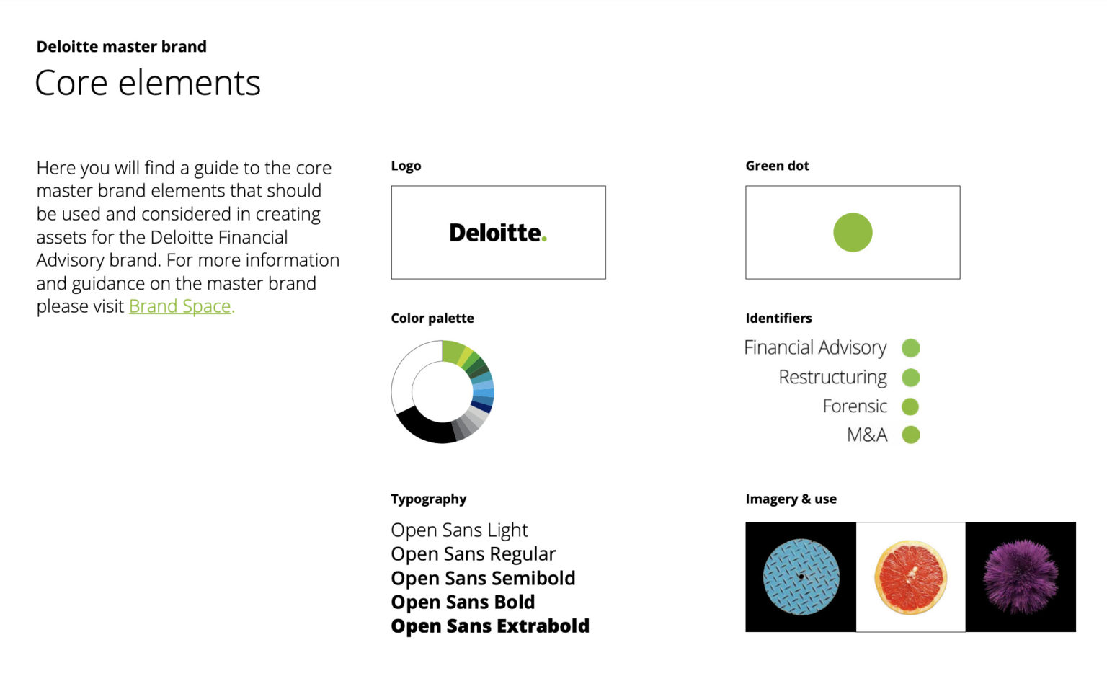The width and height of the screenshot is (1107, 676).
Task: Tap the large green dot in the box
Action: (x=853, y=232)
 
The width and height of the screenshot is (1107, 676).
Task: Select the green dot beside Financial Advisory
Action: (x=911, y=348)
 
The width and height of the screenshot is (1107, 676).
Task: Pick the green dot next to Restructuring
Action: (x=911, y=377)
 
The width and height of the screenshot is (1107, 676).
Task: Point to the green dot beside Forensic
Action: (x=911, y=406)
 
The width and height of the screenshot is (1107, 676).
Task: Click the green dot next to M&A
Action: (x=911, y=435)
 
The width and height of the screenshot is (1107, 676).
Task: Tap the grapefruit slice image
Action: (x=910, y=577)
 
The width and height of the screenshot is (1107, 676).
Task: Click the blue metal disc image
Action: (x=801, y=577)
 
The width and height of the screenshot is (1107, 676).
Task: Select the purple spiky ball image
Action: (x=1021, y=577)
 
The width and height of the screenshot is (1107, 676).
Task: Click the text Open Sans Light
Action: (x=459, y=530)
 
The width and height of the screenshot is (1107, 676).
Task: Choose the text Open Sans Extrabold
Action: (x=490, y=626)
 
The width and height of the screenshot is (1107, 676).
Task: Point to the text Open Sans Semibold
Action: (x=483, y=579)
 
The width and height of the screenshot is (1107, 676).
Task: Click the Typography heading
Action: (x=429, y=499)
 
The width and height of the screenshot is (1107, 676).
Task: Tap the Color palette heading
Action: (x=432, y=319)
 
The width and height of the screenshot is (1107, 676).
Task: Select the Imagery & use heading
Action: (x=791, y=499)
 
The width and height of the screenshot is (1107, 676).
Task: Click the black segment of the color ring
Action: (x=421, y=428)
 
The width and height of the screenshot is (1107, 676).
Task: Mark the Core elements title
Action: (x=148, y=83)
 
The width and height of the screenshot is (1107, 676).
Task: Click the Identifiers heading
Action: (x=778, y=319)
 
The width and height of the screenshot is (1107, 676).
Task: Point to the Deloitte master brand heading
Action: (x=122, y=47)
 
